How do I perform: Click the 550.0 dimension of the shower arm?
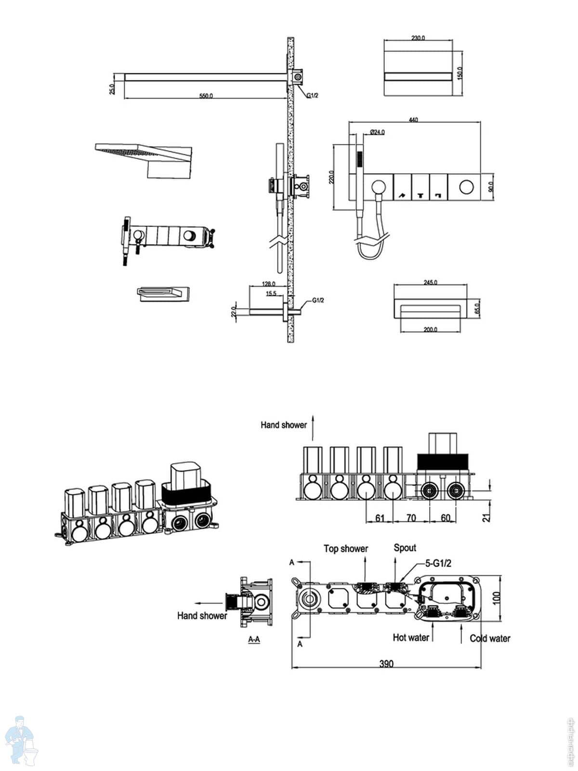point(206,96)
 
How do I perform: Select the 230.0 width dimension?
point(419,38)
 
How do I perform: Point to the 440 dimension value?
point(413,120)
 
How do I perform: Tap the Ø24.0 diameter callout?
point(377,132)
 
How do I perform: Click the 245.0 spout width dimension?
point(430,283)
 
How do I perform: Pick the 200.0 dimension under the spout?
point(430,330)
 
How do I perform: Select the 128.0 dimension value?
point(268,284)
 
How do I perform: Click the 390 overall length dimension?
point(386,664)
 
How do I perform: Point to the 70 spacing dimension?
point(411,518)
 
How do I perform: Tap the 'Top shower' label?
point(345,548)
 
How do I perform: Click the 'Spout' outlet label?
point(405,547)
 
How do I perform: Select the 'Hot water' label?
point(411,638)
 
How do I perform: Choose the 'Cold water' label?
point(490,638)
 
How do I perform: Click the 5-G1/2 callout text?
point(438,563)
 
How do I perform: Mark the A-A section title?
point(254,639)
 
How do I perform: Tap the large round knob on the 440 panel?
point(466,186)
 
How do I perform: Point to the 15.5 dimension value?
point(271,293)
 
